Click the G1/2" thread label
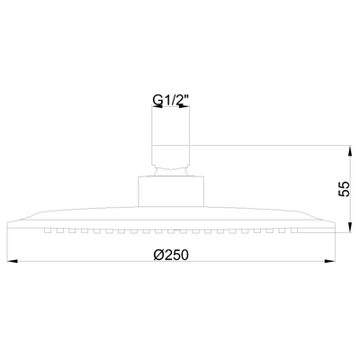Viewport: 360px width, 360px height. [171, 101]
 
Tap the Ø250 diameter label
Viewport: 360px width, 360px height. [171, 255]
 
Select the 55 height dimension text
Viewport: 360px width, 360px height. [344, 189]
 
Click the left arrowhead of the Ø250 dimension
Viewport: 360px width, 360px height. [12, 262]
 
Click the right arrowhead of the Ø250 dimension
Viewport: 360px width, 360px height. [329, 262]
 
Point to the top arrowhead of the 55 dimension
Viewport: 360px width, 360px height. [350, 151]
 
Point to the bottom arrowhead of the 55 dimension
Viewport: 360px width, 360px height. [350, 227]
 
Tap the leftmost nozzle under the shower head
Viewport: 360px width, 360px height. [48, 230]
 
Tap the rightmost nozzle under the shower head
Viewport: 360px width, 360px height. [294, 230]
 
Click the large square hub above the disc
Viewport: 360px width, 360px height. [171, 192]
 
